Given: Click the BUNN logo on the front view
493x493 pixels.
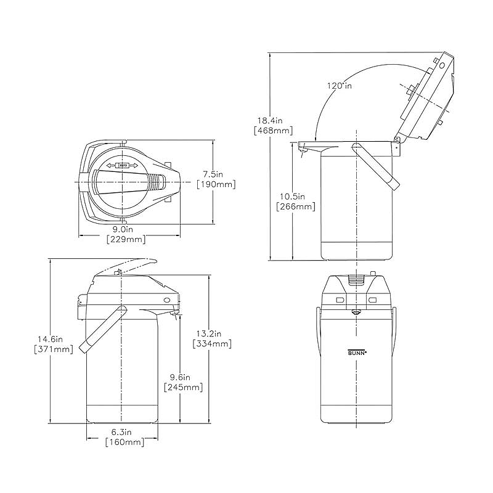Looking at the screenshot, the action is click(x=357, y=352).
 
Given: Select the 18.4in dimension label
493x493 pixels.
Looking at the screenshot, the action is click(x=270, y=120).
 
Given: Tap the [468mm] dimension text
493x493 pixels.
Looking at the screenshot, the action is click(x=273, y=130).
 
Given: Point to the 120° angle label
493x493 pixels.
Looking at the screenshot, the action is click(x=340, y=86).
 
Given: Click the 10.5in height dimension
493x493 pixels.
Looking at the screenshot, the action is click(x=292, y=197).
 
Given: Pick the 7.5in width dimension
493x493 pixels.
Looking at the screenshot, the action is click(x=213, y=174).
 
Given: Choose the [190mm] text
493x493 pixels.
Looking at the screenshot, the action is click(x=216, y=184).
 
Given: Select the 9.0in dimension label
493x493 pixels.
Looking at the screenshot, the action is click(x=123, y=229).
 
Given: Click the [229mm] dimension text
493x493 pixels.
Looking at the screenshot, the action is click(x=126, y=239).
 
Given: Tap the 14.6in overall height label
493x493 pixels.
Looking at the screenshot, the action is click(x=51, y=339).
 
